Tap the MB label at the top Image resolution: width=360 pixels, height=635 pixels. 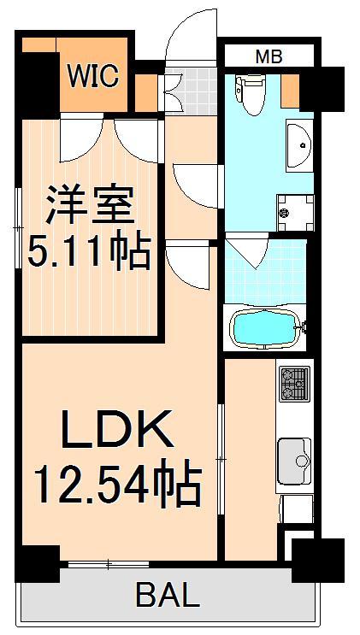(269, 57)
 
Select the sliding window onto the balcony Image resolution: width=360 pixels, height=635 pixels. (109, 564)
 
